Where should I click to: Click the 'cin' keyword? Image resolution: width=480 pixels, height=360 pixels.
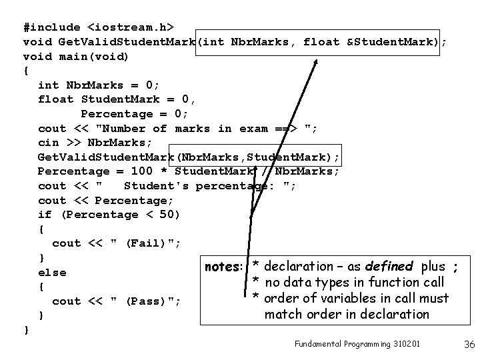[x=49, y=143]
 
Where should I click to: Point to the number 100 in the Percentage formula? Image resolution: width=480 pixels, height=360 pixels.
[x=142, y=171]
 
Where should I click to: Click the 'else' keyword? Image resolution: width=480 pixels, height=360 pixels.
[x=53, y=272]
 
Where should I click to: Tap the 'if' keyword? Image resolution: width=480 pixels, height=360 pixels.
[x=45, y=215]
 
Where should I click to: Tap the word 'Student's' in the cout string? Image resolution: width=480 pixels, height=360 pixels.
[x=153, y=186]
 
